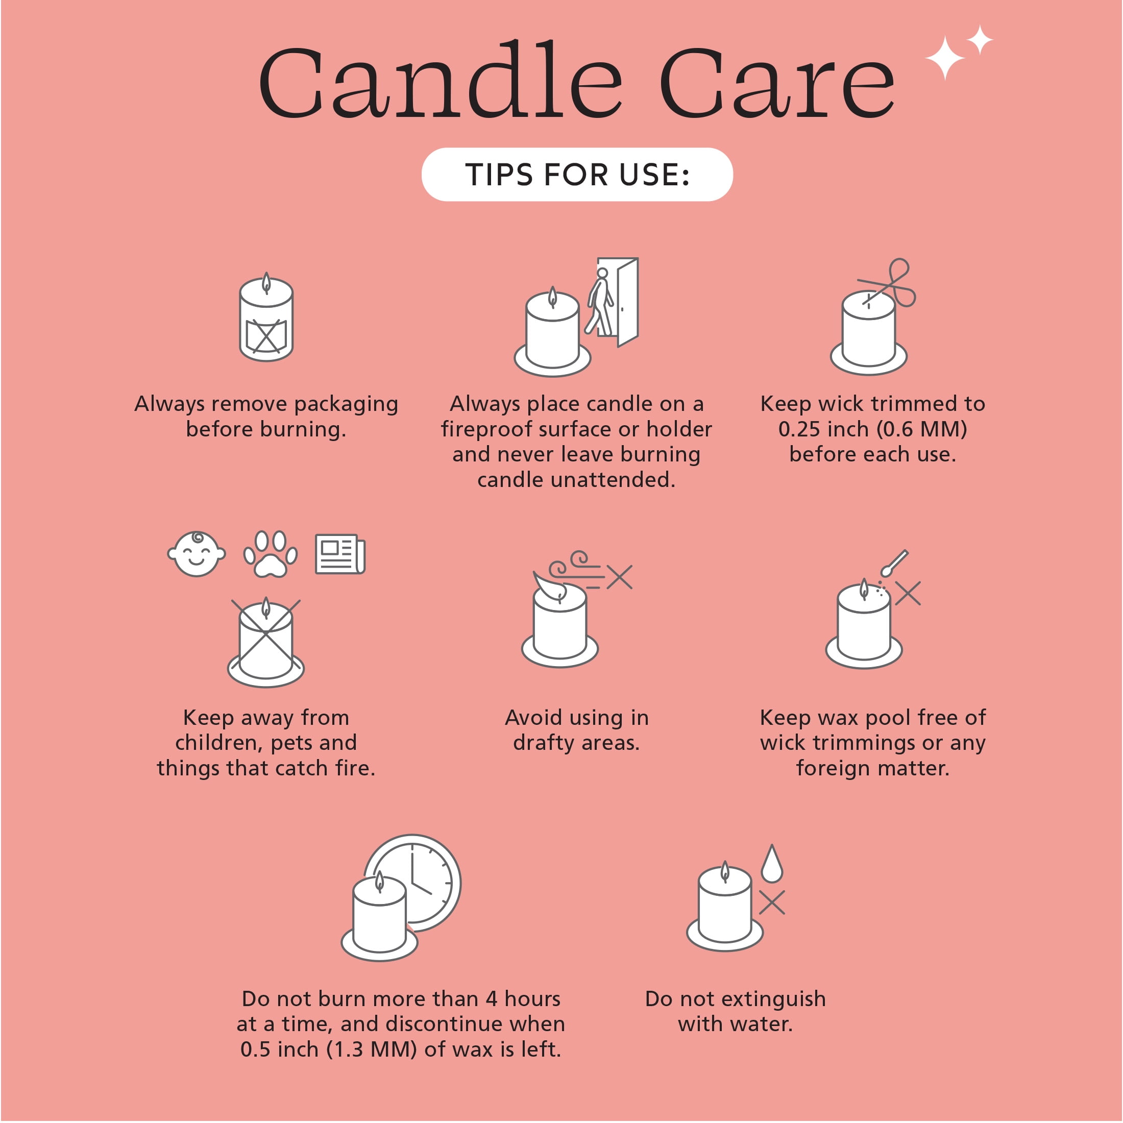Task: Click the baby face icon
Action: click(197, 553)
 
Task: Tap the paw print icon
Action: click(271, 553)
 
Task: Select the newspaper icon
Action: click(340, 554)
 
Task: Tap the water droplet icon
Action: click(772, 864)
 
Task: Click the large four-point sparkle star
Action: click(945, 58)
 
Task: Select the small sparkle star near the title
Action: click(980, 39)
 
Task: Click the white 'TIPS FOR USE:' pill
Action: click(577, 175)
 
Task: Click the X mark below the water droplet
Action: click(772, 902)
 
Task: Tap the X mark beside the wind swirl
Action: click(620, 577)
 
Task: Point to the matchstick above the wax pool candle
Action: click(894, 563)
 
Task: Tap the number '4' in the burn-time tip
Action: click(492, 999)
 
